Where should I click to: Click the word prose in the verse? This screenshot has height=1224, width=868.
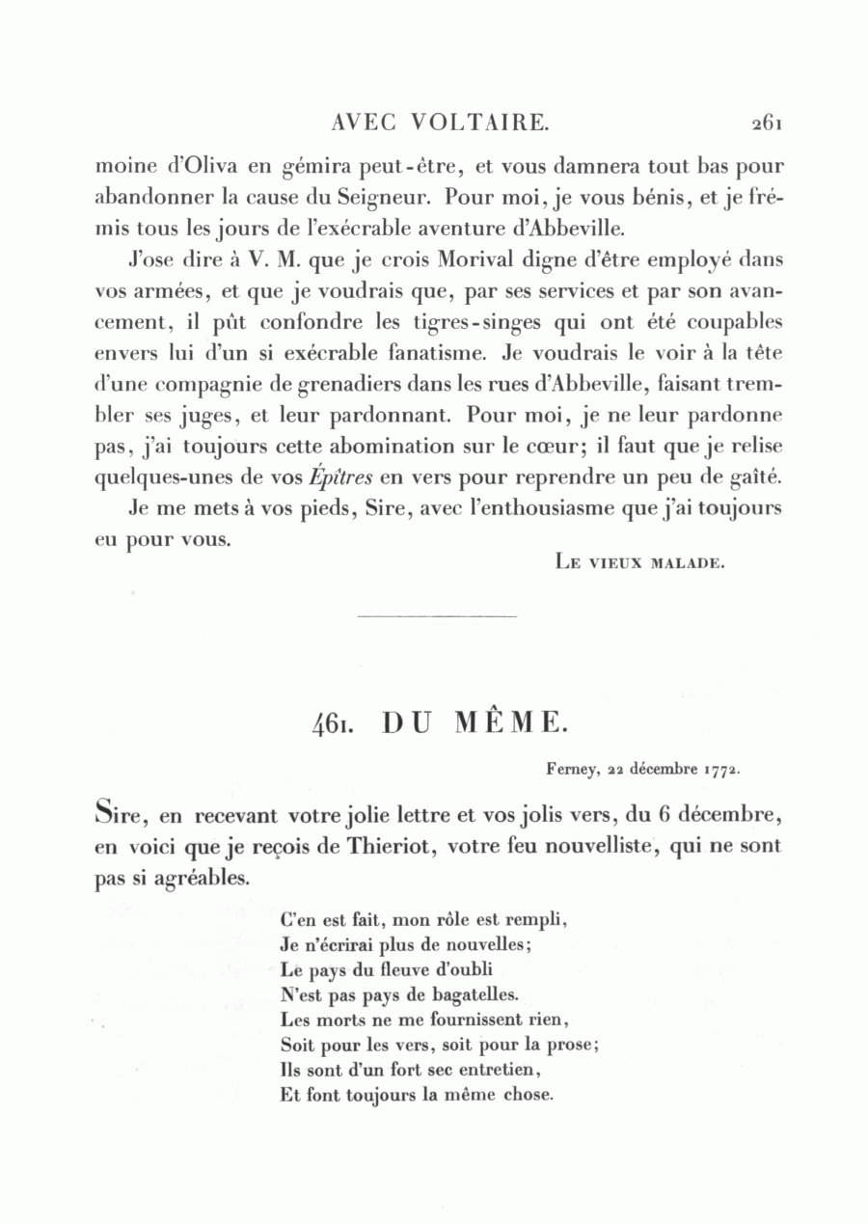(573, 1044)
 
